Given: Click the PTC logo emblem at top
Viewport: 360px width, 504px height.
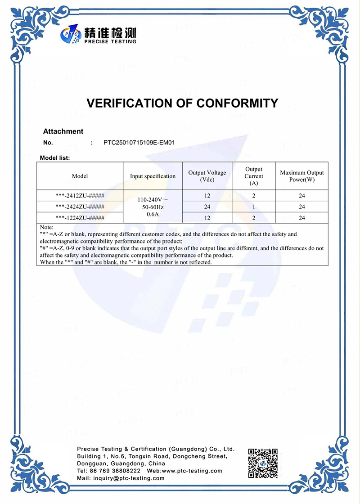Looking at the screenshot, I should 71,35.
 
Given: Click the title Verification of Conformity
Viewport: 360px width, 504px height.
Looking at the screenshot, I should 182,103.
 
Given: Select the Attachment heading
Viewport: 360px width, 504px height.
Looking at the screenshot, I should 63,131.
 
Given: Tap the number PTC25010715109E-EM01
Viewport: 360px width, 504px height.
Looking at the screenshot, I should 139,143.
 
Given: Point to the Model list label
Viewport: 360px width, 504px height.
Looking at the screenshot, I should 55,157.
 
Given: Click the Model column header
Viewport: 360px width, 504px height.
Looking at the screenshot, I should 80,176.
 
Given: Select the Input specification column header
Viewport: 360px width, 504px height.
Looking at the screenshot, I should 153,176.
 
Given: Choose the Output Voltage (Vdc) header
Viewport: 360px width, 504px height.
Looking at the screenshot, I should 207,176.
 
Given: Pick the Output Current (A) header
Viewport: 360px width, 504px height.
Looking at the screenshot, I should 254,176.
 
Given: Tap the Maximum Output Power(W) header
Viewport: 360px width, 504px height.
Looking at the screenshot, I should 301,176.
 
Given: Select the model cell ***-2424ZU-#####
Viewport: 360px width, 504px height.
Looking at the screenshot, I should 80,207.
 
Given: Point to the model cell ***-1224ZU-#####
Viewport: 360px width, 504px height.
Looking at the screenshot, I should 80,218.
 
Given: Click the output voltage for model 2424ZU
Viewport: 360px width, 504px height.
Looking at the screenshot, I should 207,207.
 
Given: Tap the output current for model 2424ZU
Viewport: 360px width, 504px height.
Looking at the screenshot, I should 254,207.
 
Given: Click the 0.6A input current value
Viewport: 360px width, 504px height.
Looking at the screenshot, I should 153,215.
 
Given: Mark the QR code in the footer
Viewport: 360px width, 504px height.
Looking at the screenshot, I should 263,463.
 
